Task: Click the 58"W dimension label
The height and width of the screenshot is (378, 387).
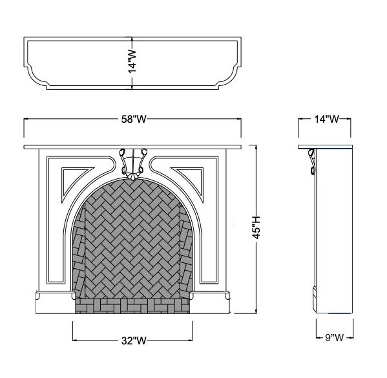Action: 134,120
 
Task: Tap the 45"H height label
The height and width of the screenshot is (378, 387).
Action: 257,227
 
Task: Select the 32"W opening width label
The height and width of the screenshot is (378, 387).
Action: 134,341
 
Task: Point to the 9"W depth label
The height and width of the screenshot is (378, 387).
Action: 334,337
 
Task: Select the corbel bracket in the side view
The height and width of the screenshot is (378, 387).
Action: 311,162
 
